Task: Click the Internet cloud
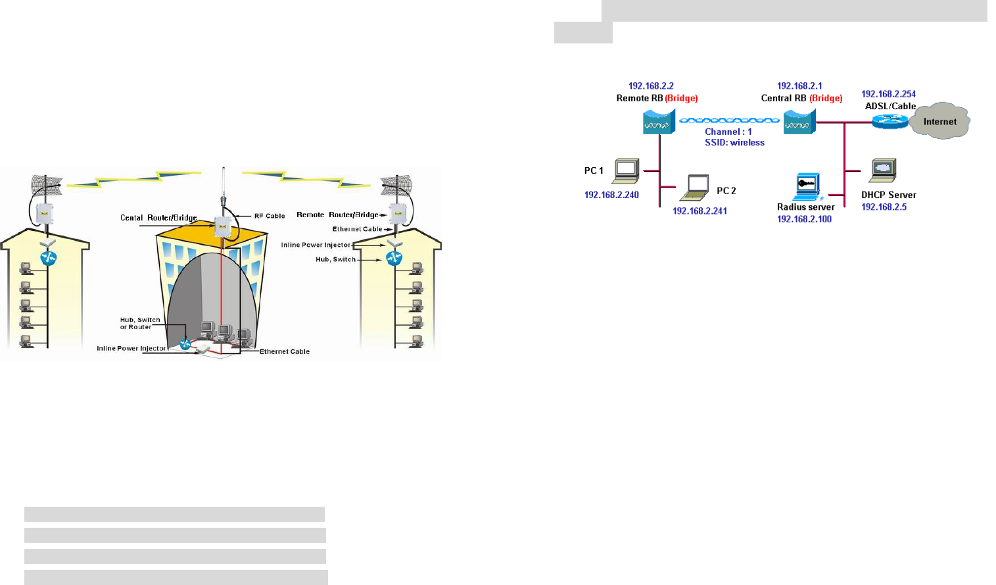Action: click(940, 121)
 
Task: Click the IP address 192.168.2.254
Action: click(888, 94)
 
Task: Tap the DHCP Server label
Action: click(888, 195)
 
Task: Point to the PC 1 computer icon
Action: click(626, 171)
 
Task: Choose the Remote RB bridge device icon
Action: click(659, 122)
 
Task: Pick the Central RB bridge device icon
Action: click(799, 122)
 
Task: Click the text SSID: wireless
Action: click(734, 143)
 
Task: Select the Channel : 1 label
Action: click(728, 132)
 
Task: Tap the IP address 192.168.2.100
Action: click(804, 219)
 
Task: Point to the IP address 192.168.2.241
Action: click(700, 211)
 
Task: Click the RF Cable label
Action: click(270, 216)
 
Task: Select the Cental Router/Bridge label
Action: click(158, 218)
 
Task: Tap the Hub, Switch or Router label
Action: click(139, 323)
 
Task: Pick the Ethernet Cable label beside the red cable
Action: click(284, 351)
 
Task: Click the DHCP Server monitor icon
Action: click(883, 170)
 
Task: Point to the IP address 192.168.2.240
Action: click(611, 195)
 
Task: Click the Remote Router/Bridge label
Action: click(337, 215)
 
